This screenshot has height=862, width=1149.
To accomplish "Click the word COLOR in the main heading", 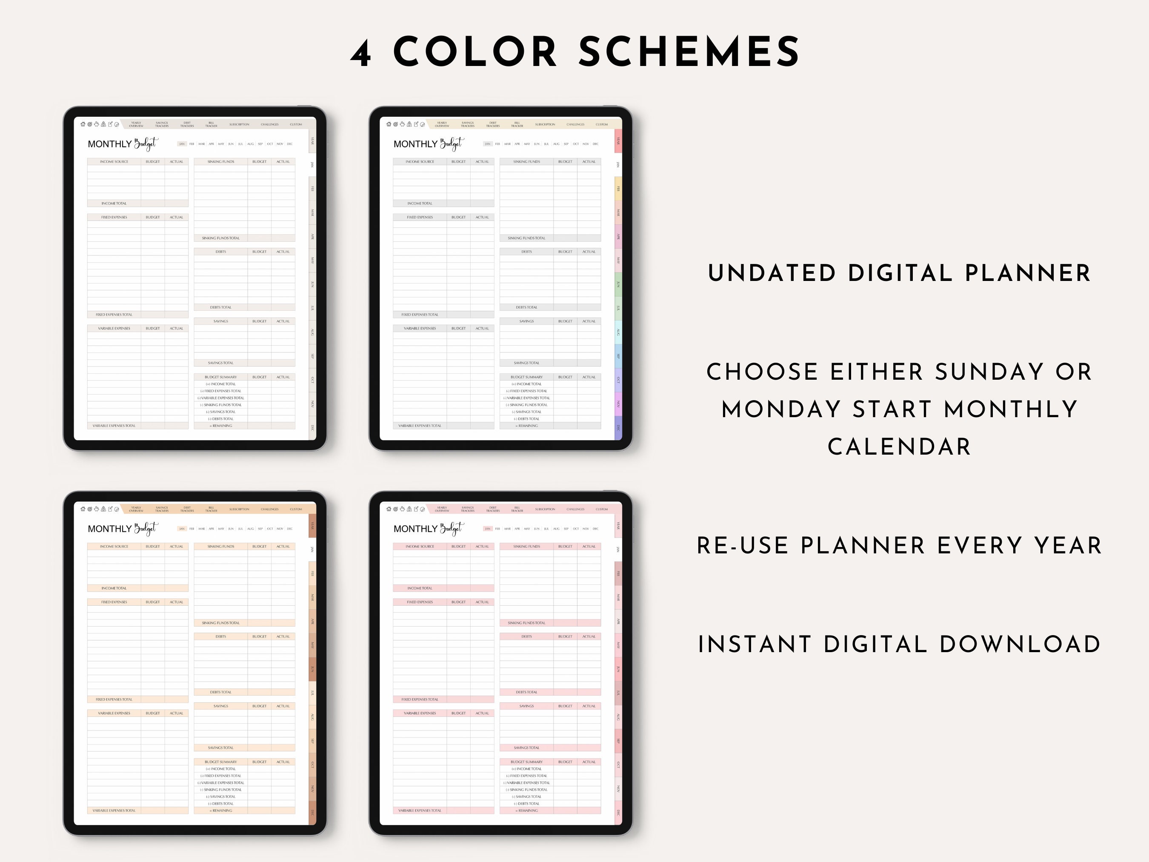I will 475,52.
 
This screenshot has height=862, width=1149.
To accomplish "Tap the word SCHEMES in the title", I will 689,52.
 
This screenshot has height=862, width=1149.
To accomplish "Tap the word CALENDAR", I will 899,447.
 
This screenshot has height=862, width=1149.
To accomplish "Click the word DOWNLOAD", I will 1020,645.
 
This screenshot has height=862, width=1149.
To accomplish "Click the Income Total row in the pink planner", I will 420,588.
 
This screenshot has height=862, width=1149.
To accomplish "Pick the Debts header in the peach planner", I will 221,636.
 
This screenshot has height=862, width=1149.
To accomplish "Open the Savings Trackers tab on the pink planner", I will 468,509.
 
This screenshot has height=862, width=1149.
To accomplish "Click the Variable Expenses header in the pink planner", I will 420,713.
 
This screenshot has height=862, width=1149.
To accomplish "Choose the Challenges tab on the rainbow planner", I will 575,125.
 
